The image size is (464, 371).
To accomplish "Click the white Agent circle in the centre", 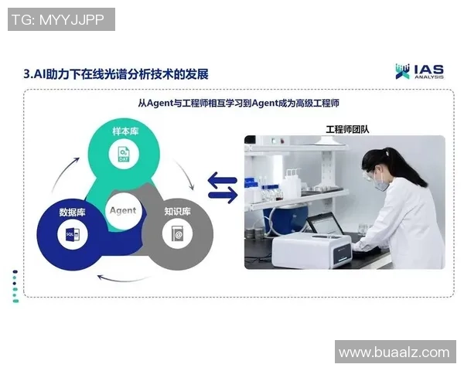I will (x=122, y=210).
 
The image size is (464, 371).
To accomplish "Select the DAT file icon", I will (x=124, y=154).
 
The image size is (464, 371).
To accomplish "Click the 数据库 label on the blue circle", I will (x=73, y=211).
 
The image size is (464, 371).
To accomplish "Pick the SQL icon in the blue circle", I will (x=73, y=234).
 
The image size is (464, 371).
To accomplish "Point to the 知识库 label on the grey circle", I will (x=177, y=211).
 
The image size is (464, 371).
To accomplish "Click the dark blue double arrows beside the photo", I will (x=223, y=189).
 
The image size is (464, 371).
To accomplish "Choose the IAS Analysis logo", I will (x=418, y=71).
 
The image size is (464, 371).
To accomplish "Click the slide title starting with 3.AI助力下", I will (x=116, y=74).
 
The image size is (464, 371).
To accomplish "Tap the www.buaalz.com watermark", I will (x=394, y=352).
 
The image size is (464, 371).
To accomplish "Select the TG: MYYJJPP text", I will (x=61, y=20).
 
